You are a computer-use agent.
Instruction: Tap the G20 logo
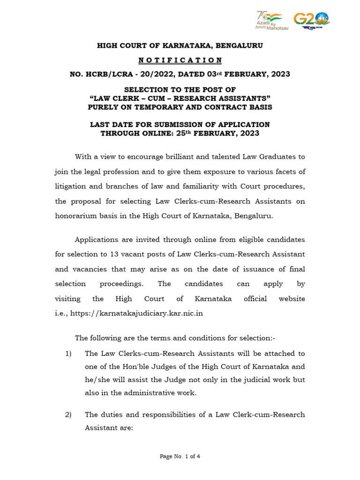311,20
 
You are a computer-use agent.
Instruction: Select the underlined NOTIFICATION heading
180,60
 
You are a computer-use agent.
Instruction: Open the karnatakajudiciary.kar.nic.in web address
136,314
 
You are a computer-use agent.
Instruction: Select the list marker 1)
68,353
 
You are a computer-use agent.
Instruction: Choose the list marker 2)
68,414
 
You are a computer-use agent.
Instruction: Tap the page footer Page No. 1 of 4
180,456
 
